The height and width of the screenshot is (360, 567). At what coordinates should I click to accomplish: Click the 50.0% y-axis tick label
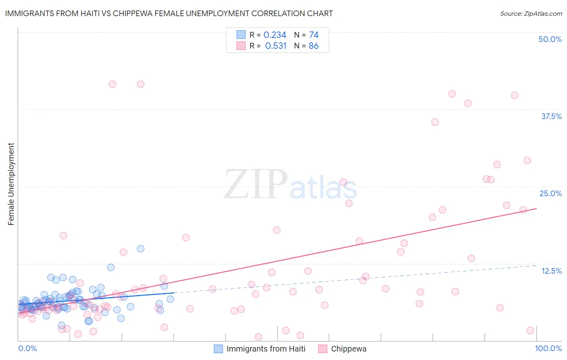pyautogui.click(x=550, y=39)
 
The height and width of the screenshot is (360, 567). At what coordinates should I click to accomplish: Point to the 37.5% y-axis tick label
pyautogui.click(x=551, y=116)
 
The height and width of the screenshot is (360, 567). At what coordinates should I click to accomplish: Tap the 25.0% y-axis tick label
pyautogui.click(x=550, y=193)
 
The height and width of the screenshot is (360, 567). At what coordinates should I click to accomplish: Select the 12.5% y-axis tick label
pyautogui.click(x=551, y=271)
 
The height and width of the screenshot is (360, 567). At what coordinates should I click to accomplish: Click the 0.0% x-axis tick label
pyautogui.click(x=27, y=349)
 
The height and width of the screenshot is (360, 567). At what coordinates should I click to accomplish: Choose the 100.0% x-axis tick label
pyautogui.click(x=548, y=349)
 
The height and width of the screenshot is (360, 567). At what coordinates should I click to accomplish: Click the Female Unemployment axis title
pyautogui.click(x=11, y=184)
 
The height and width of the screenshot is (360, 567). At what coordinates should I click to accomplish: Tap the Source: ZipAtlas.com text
pyautogui.click(x=531, y=13)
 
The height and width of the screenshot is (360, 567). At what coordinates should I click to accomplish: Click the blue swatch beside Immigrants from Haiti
pyautogui.click(x=218, y=349)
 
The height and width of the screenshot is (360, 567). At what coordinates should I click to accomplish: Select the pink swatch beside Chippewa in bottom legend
pyautogui.click(x=323, y=349)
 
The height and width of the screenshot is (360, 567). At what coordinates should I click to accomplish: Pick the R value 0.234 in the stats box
pyautogui.click(x=275, y=35)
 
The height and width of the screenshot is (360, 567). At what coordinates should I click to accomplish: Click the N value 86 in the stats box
pyautogui.click(x=313, y=46)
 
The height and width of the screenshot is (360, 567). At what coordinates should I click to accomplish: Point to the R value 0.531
pyautogui.click(x=275, y=46)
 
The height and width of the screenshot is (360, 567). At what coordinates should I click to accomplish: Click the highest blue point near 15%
pyautogui.click(x=140, y=249)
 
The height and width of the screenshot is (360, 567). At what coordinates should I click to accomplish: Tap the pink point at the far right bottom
pyautogui.click(x=530, y=331)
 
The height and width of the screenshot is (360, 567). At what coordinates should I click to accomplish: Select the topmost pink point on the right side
pyautogui.click(x=452, y=94)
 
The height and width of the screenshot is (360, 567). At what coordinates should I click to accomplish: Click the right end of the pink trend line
pyautogui.click(x=536, y=209)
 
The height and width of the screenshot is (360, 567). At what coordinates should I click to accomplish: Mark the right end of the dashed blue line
pyautogui.click(x=536, y=265)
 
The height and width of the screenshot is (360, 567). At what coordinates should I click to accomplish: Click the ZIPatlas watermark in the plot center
pyautogui.click(x=290, y=185)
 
